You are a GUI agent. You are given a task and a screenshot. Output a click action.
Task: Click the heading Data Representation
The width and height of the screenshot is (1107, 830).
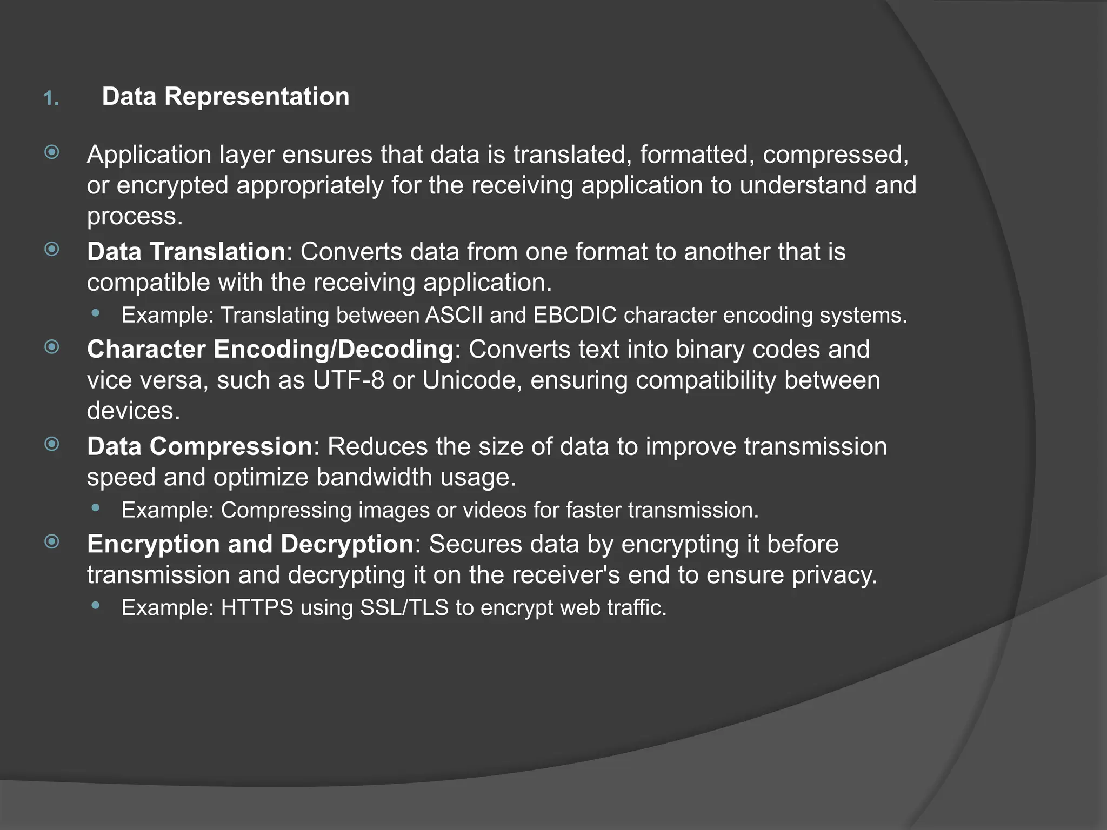click(225, 97)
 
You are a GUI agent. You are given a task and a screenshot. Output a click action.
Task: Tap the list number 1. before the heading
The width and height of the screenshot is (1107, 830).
click(51, 99)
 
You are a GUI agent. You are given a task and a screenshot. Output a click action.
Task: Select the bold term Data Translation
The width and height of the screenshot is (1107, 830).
click(186, 252)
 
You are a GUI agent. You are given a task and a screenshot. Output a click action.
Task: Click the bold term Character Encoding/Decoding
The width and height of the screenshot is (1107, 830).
click(270, 350)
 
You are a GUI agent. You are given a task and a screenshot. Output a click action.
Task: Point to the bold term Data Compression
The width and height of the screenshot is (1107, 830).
click(199, 447)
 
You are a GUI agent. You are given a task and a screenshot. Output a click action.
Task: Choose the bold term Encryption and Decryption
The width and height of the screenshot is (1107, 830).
click(250, 544)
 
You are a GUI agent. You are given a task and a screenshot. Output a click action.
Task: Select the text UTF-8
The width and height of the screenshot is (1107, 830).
click(348, 380)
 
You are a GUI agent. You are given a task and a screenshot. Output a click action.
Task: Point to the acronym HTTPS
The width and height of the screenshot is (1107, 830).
click(257, 608)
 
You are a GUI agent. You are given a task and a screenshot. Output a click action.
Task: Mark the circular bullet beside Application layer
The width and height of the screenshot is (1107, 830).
click(52, 152)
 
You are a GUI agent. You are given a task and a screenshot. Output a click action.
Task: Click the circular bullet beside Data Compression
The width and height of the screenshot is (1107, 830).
click(52, 444)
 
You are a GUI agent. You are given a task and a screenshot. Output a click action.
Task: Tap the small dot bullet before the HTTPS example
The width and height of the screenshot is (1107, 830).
click(96, 606)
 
